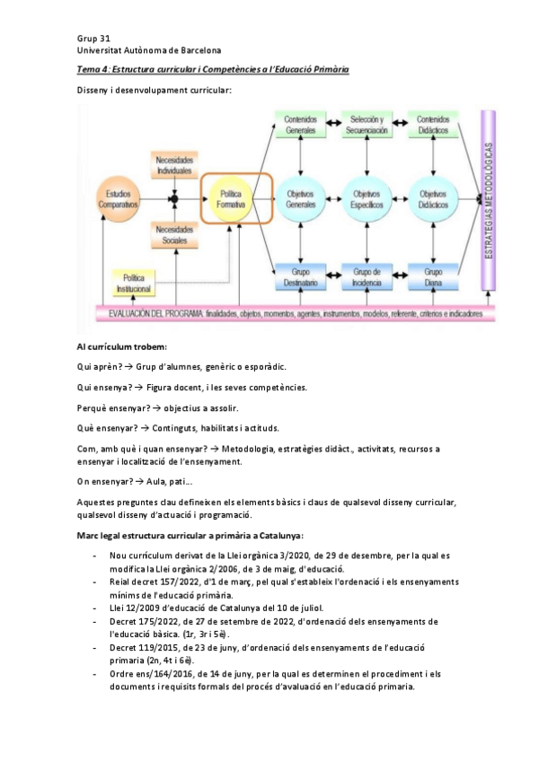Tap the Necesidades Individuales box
click(174, 164)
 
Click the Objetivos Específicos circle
click(367, 199)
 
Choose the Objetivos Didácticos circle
click(433, 199)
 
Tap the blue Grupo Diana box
click(433, 276)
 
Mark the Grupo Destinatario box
click(301, 276)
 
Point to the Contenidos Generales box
click(301, 125)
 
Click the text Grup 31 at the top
click(93, 39)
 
